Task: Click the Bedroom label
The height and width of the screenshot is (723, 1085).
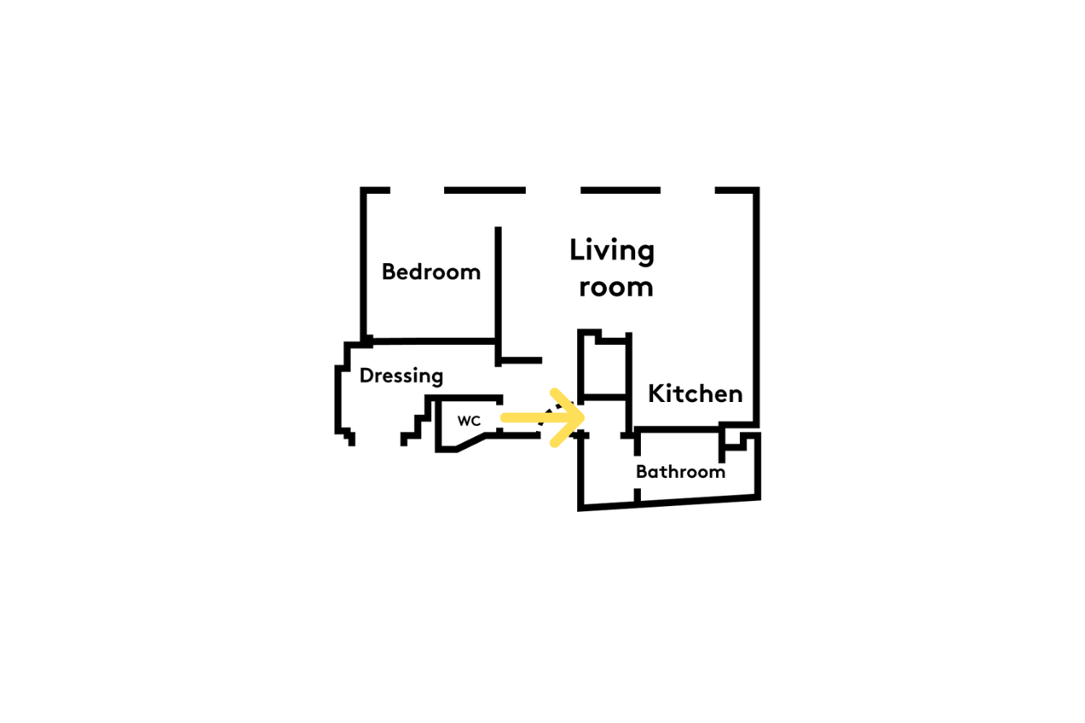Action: pyautogui.click(x=431, y=272)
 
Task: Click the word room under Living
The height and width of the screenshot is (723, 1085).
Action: pyautogui.click(x=616, y=287)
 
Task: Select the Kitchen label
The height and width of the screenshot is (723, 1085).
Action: pyautogui.click(x=695, y=394)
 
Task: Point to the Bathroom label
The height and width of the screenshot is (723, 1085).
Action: pyautogui.click(x=681, y=471)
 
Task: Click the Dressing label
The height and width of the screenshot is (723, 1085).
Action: pyautogui.click(x=401, y=376)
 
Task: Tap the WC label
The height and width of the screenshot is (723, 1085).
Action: pyautogui.click(x=469, y=421)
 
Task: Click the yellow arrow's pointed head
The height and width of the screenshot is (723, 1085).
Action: pyautogui.click(x=580, y=417)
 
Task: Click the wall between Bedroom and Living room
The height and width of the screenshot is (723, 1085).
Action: pyautogui.click(x=498, y=296)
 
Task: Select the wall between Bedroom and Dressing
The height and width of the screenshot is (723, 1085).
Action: pyautogui.click(x=433, y=341)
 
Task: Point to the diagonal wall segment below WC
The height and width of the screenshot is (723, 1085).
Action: pyautogui.click(x=472, y=442)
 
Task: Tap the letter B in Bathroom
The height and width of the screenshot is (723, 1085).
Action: pyautogui.click(x=642, y=471)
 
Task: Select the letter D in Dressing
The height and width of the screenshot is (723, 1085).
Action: pyautogui.click(x=366, y=375)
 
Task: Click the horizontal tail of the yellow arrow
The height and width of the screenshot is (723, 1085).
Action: pyautogui.click(x=537, y=417)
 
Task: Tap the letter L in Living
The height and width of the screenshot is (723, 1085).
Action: pyautogui.click(x=576, y=249)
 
